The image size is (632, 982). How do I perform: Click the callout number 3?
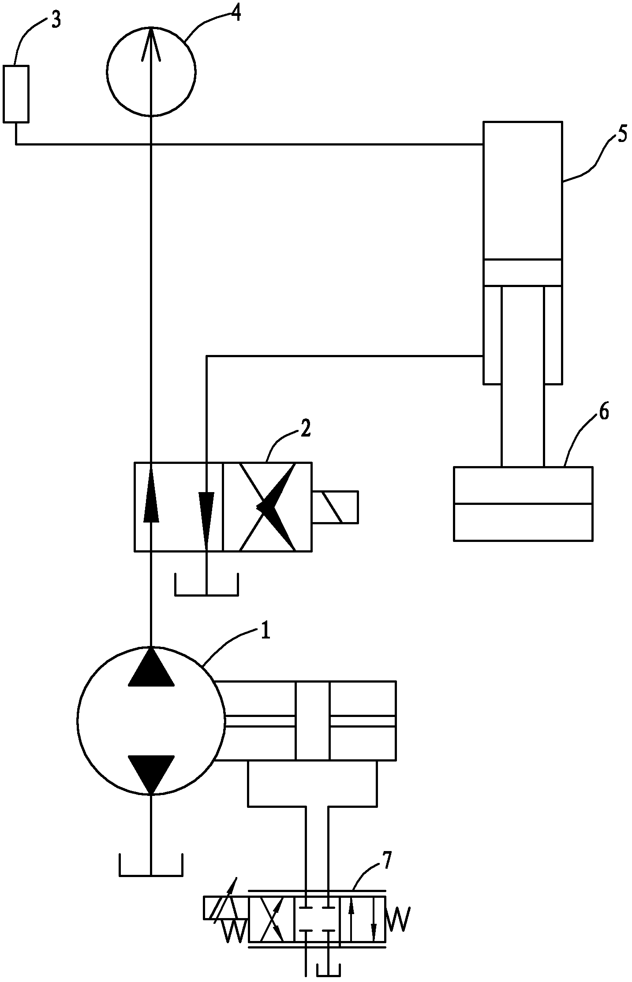coord(56,21)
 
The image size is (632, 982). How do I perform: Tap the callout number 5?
coord(622,134)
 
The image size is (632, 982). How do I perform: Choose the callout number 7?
coord(385,861)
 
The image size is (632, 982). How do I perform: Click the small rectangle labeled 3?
coord(16,93)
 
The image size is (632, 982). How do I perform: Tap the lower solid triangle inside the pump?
coord(151,774)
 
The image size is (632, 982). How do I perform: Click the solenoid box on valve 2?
coord(335,507)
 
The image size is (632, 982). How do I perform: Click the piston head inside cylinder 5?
coord(523,273)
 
